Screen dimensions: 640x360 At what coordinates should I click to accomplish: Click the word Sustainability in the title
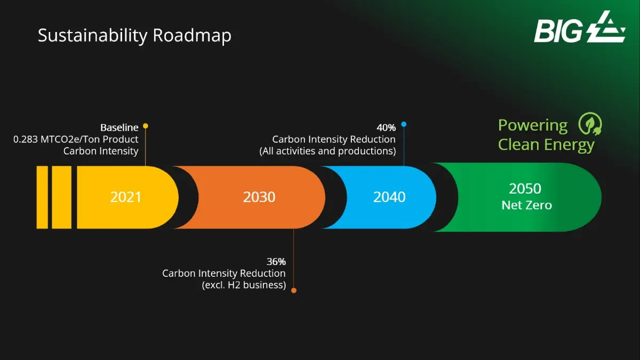[93, 36]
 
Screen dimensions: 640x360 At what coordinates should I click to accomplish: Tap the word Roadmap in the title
[192, 36]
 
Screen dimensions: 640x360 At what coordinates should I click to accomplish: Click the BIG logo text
[558, 31]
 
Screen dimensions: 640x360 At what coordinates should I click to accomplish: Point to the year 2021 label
[126, 197]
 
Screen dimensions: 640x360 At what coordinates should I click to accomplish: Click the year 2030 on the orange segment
[259, 197]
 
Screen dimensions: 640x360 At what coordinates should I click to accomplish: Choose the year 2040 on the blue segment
[389, 197]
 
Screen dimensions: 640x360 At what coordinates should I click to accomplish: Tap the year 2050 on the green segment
[525, 189]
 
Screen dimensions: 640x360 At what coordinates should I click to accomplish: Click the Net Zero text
[526, 205]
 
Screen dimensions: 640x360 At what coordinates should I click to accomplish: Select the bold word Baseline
[119, 127]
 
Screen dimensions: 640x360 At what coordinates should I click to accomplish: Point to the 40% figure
[386, 127]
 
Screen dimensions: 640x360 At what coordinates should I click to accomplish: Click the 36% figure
[276, 261]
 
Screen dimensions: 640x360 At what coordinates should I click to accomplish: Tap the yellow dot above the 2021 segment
[146, 126]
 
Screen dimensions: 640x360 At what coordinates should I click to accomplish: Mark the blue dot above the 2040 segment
[404, 124]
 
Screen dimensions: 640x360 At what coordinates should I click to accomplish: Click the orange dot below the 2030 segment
[294, 291]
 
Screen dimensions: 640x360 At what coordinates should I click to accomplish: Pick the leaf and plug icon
[590, 123]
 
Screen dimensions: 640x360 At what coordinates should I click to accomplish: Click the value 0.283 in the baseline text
[26, 139]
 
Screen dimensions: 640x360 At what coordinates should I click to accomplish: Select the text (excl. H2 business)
[244, 285]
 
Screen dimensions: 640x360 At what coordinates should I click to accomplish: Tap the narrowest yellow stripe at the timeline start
[42, 197]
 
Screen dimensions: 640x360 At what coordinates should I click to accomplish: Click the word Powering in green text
[533, 126]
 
